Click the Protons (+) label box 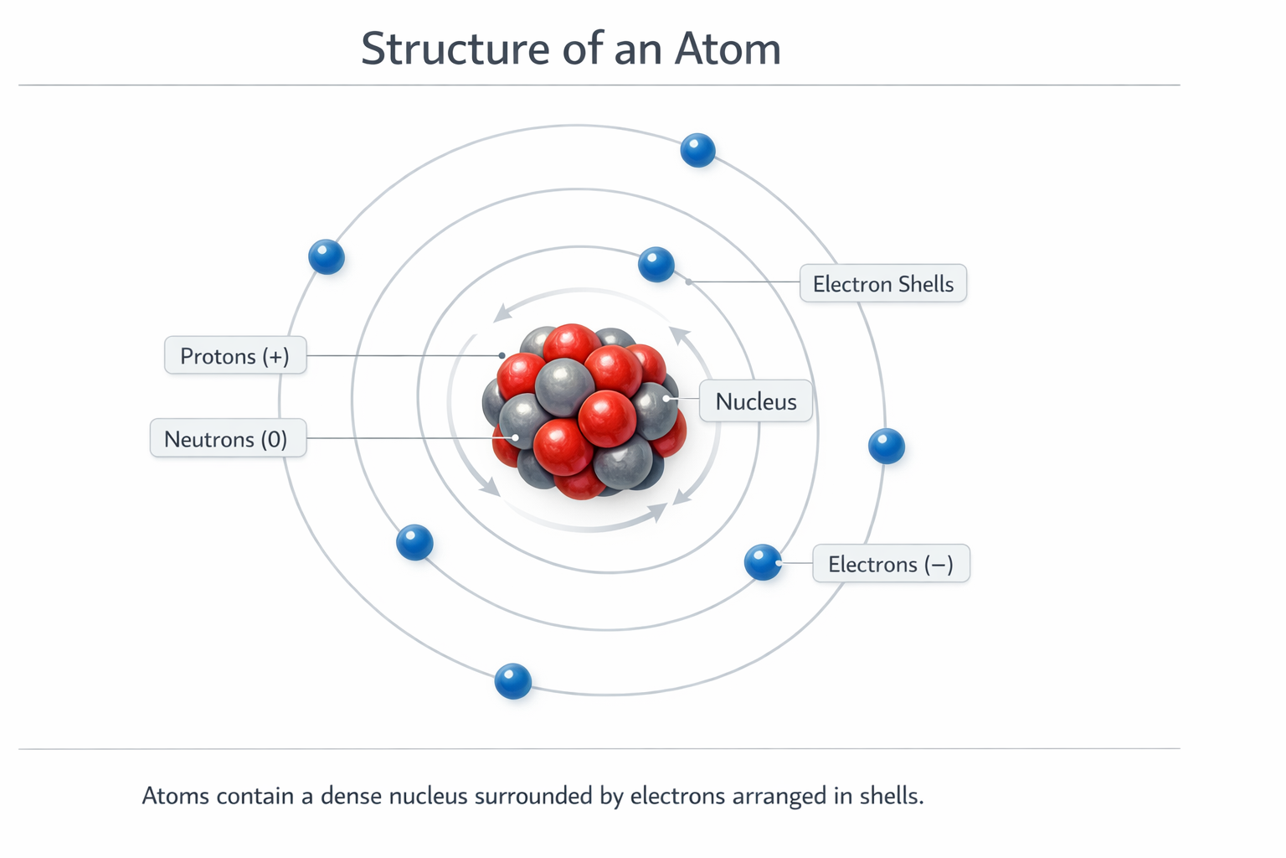coord(235,356)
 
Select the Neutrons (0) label coord(228,438)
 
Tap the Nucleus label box coord(755,401)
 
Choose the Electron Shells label coord(883,283)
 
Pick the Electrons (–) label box coord(891,564)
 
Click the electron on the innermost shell coord(656,264)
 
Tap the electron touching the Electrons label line coord(763,562)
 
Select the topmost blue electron coord(697,151)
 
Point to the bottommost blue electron coord(512,681)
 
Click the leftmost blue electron coord(326,257)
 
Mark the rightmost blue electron coord(887,446)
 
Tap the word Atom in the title coord(728,49)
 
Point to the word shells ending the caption coord(891,796)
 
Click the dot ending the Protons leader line coord(502,356)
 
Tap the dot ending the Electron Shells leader coord(688,282)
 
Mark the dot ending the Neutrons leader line coord(516,438)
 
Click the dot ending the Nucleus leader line coord(666,398)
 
